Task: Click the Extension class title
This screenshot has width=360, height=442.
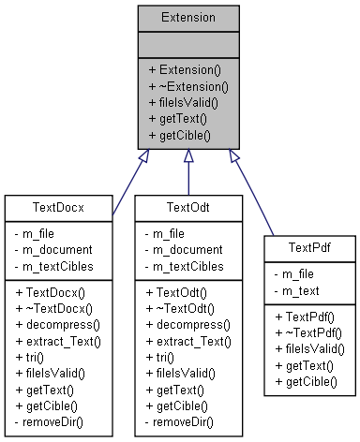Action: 187,18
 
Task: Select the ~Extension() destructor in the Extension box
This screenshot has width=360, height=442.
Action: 187,85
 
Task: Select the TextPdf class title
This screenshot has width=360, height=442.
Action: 309,246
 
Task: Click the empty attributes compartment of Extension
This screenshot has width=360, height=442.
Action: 187,44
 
